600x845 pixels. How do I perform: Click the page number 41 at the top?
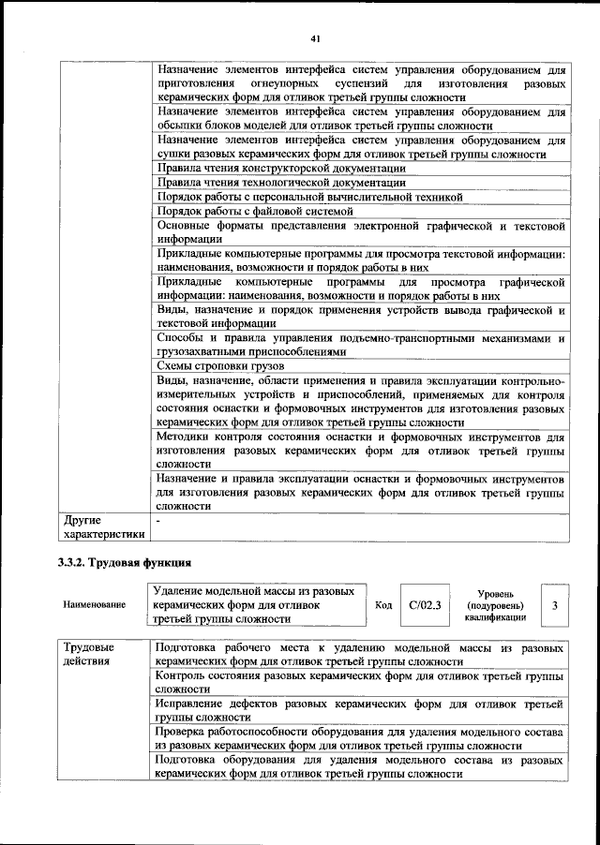pyautogui.click(x=316, y=37)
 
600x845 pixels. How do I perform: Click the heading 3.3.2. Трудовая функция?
pyautogui.click(x=125, y=563)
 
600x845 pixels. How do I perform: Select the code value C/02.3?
pyautogui.click(x=424, y=605)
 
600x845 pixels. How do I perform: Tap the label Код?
pyautogui.click(x=382, y=605)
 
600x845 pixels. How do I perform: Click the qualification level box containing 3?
pyautogui.click(x=555, y=605)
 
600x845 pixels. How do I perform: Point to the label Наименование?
pyautogui.click(x=94, y=606)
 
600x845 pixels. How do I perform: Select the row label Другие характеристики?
pyautogui.click(x=102, y=526)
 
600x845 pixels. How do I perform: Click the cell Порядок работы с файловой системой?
pyautogui.click(x=250, y=211)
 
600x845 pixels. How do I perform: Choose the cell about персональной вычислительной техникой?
pyautogui.click(x=309, y=197)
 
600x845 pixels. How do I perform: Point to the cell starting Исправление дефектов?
pyautogui.click(x=360, y=708)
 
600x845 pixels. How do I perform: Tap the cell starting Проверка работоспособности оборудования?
pyautogui.click(x=360, y=737)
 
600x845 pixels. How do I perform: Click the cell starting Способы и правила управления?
pyautogui.click(x=360, y=345)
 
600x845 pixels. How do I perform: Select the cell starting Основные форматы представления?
pyautogui.click(x=360, y=231)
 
